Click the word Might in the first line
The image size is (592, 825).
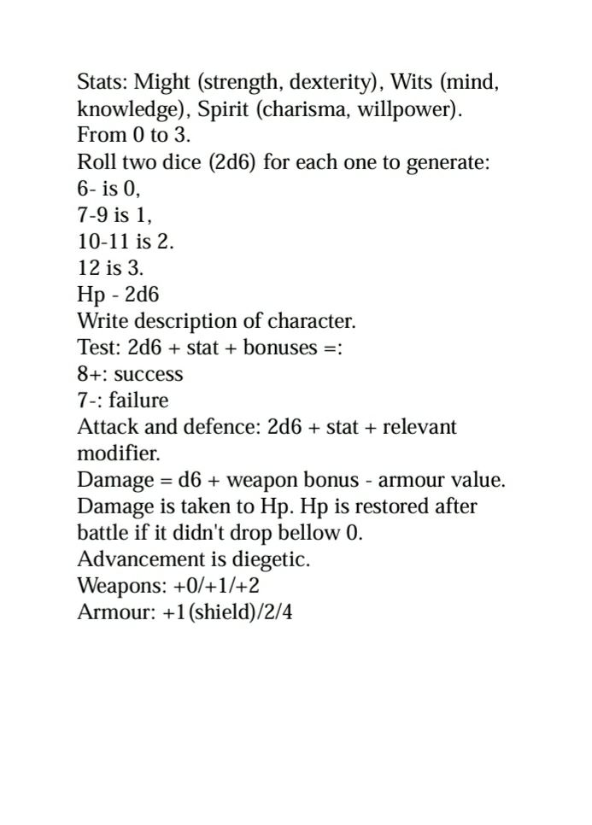164,84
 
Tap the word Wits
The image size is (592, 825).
412,84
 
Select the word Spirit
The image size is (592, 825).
225,110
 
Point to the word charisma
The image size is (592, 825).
308,110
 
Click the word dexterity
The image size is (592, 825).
332,84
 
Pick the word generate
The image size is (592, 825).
444,163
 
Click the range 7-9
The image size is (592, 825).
93,215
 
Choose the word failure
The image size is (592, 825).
138,401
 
